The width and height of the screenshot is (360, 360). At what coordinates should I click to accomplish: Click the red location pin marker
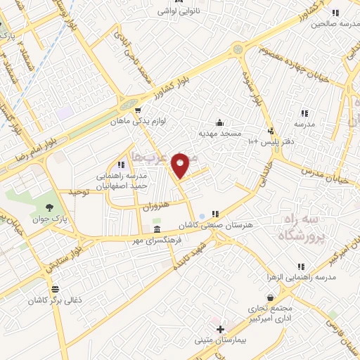coord(181,165)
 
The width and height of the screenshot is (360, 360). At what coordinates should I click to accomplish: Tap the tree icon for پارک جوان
coord(49,207)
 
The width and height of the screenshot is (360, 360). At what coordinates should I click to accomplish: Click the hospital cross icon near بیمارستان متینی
coord(220,329)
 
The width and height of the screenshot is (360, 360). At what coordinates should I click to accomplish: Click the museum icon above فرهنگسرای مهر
coord(156,231)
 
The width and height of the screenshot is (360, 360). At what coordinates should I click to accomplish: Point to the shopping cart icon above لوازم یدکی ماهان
coord(139,110)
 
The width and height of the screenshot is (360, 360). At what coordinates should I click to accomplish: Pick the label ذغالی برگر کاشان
coord(55,300)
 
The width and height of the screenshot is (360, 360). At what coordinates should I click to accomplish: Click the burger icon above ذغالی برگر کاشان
coord(56,289)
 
